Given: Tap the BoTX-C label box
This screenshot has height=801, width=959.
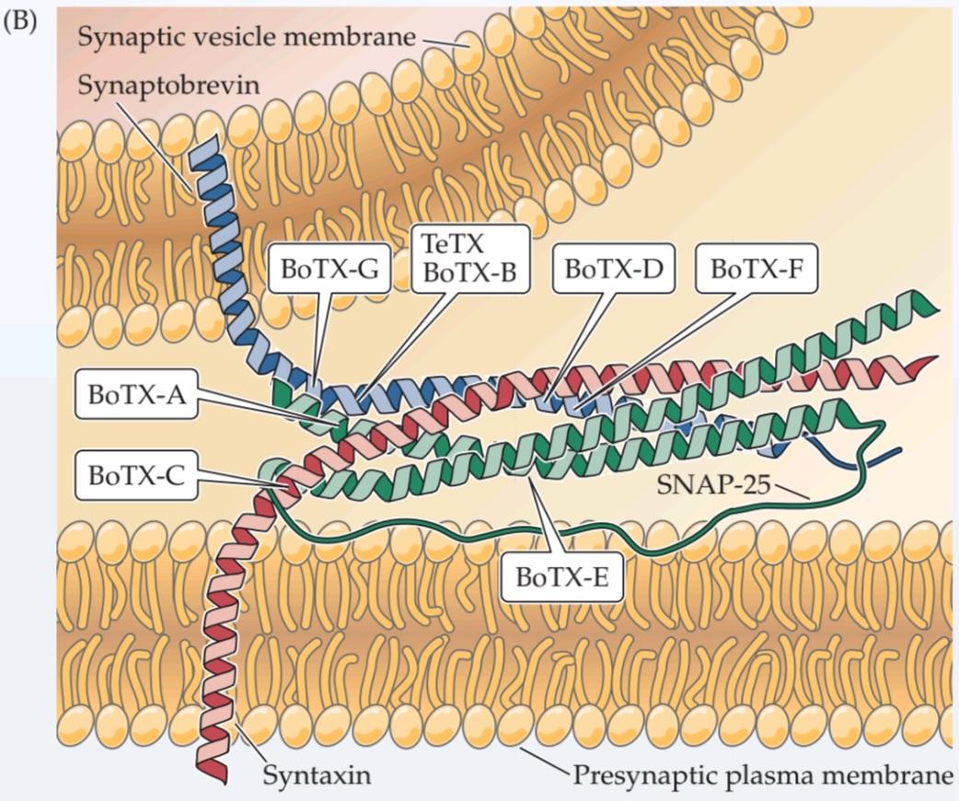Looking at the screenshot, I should (135, 475).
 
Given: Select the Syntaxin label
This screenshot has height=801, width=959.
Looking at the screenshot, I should (317, 775).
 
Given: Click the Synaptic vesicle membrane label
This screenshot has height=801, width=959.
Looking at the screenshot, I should (247, 38).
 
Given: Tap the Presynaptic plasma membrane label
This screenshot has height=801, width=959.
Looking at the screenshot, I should (763, 775).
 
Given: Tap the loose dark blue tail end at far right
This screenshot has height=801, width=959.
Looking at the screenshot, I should (898, 450).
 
